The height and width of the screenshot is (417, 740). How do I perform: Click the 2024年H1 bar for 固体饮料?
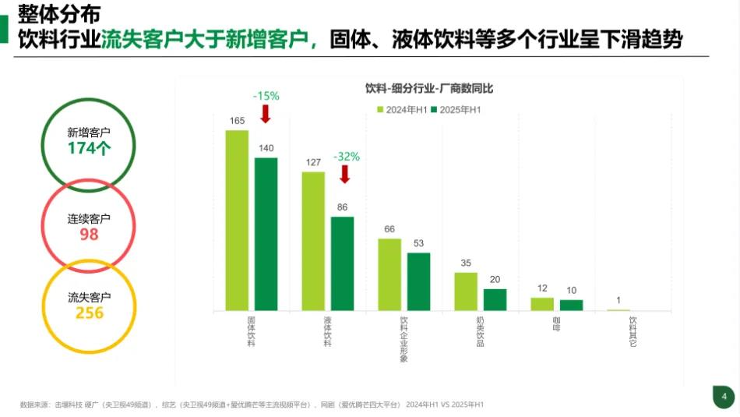click(237, 221)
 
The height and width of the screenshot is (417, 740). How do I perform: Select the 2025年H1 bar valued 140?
click(266, 234)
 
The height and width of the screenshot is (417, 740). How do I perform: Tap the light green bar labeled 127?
click(313, 241)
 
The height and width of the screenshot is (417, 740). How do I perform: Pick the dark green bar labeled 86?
click(342, 263)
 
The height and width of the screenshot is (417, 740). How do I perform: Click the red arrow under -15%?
click(265, 114)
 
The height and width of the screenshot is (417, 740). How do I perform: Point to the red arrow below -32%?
click(345, 174)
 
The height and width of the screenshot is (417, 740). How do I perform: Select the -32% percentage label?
click(347, 157)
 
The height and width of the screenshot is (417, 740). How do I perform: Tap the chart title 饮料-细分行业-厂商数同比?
click(429, 89)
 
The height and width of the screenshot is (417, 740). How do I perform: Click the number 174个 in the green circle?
click(89, 148)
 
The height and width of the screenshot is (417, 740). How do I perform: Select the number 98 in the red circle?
click(89, 234)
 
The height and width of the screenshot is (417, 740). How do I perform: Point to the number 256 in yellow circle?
click(89, 313)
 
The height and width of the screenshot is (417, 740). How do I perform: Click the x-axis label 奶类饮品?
click(480, 330)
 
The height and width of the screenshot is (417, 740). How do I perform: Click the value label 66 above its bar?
click(389, 229)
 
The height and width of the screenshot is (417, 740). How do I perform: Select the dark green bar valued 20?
click(495, 300)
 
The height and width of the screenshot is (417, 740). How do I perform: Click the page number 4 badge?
click(724, 397)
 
